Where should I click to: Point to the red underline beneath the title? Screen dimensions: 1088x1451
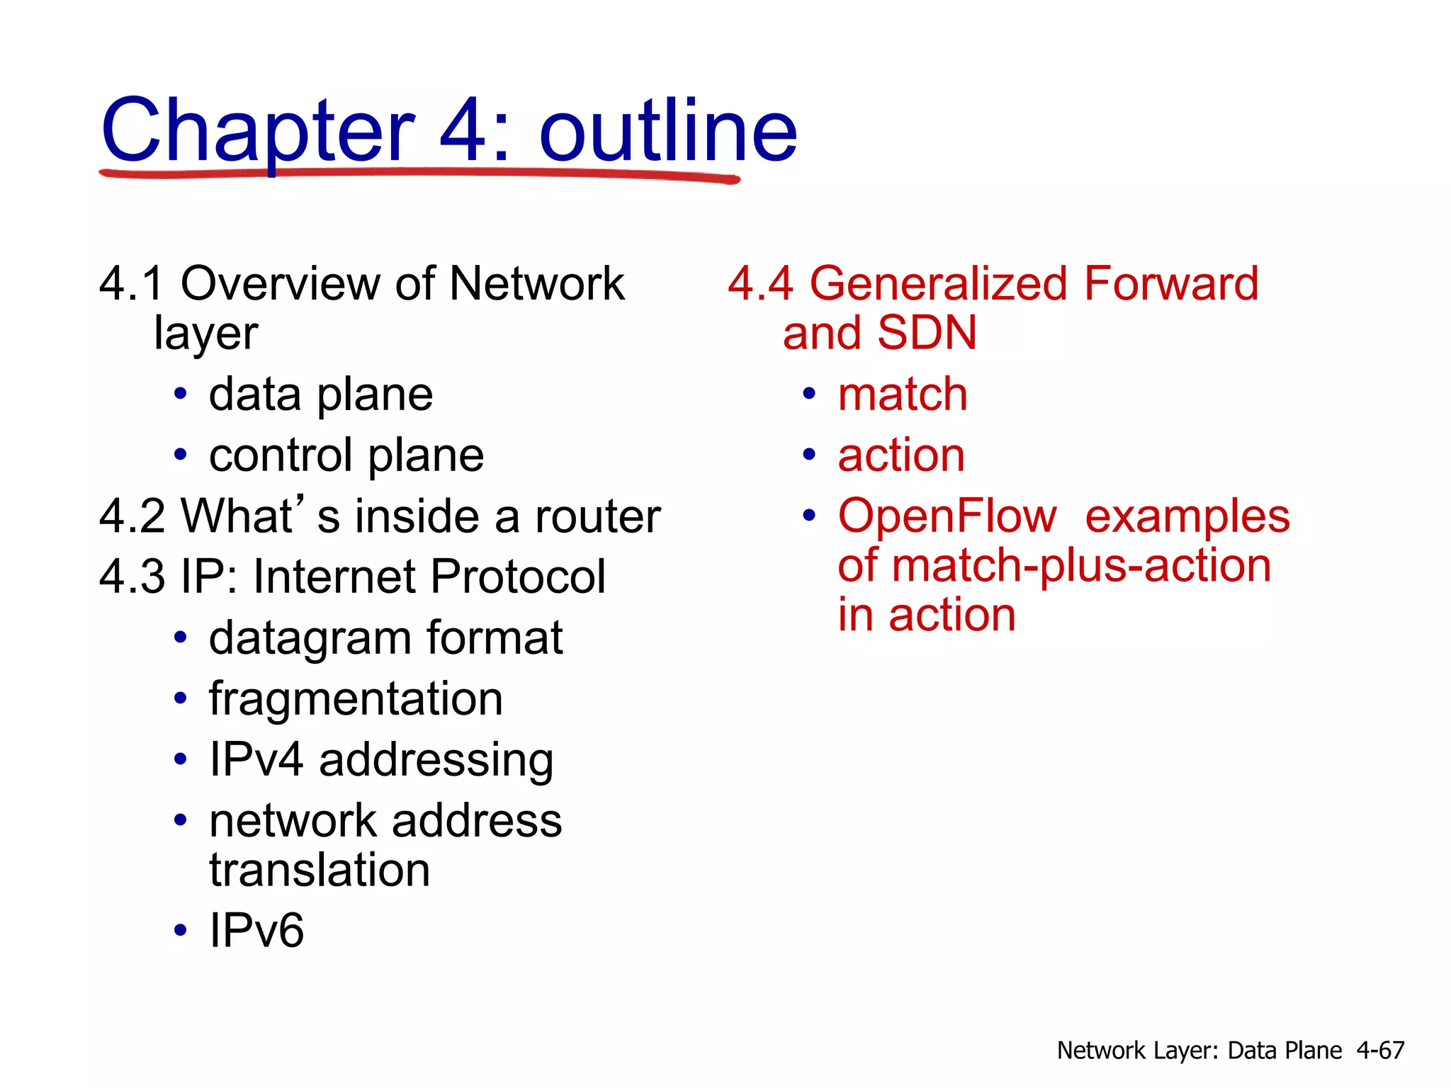tap(418, 174)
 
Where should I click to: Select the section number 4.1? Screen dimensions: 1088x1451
tap(132, 283)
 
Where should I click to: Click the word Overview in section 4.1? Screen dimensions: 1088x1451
tap(281, 283)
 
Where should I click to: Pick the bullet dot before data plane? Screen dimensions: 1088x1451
tap(181, 394)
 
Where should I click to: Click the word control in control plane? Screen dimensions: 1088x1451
tap(281, 455)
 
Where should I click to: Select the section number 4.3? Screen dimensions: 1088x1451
tap(132, 576)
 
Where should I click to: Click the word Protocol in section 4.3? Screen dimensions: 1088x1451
tap(517, 576)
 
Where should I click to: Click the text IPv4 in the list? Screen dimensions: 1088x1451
tap(256, 759)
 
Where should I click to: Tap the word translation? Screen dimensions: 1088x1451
tap(320, 870)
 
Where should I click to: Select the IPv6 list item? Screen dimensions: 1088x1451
tap(256, 930)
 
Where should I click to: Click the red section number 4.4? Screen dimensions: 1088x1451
tap(760, 283)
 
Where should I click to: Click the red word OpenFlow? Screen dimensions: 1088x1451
tap(947, 516)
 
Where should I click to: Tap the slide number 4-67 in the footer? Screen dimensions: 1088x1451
tap(1379, 1050)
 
